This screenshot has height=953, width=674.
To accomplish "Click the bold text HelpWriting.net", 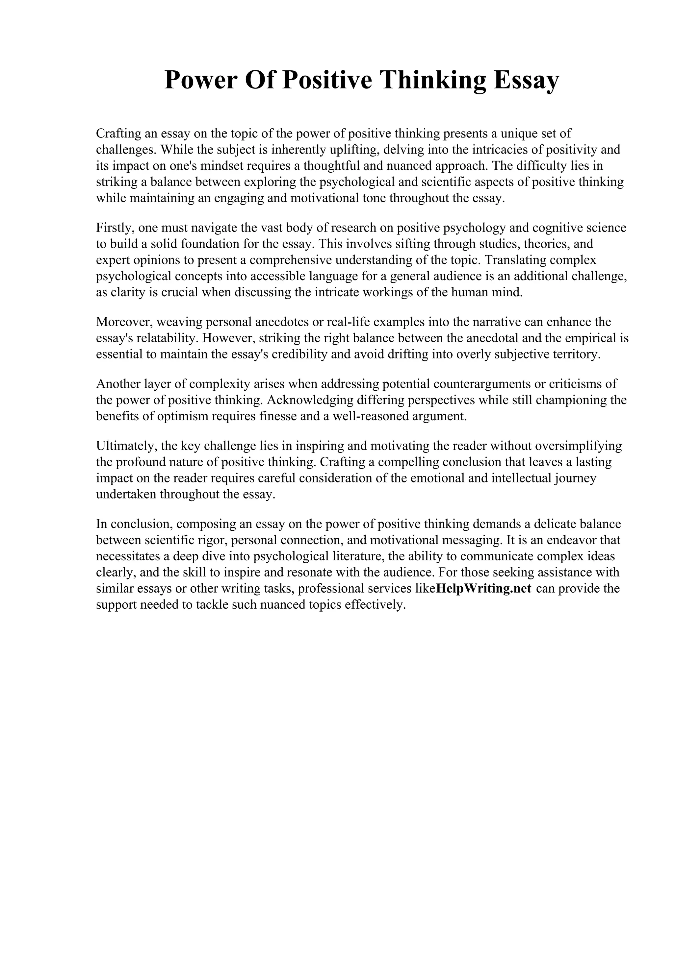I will coord(484,589).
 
